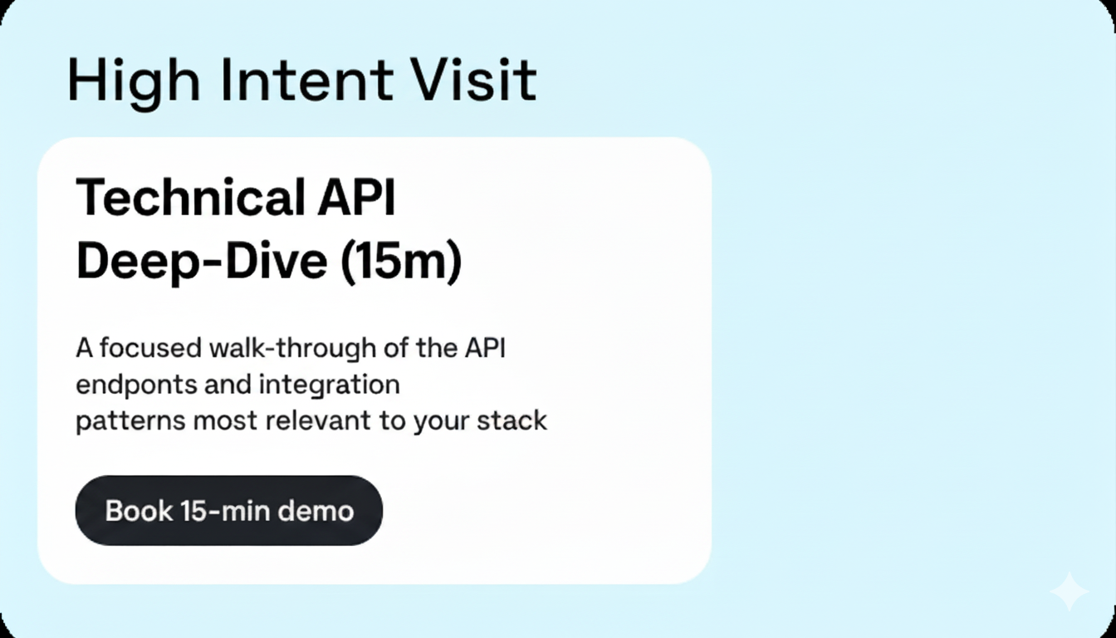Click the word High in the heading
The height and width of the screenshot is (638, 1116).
pos(133,81)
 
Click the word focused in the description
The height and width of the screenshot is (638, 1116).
pos(151,348)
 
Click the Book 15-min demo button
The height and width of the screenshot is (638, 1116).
pos(228,510)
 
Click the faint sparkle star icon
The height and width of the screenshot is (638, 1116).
pos(1069,591)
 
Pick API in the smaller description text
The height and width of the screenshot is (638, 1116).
pos(482,348)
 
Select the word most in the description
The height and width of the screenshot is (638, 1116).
pos(226,421)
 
